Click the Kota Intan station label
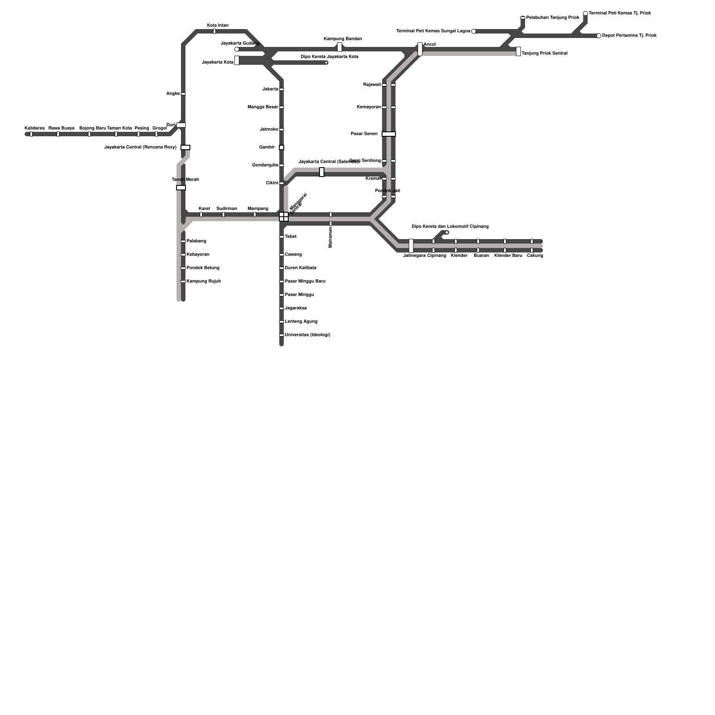[x=218, y=25]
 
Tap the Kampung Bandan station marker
[x=340, y=47]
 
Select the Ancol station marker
[x=420, y=49]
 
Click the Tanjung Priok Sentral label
[x=544, y=54]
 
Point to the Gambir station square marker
[x=282, y=147]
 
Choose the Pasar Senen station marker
[x=389, y=134]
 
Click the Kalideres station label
[x=34, y=128]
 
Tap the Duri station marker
[x=181, y=125]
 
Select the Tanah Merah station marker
[x=181, y=188]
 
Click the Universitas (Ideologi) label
[x=307, y=335]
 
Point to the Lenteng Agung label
[x=301, y=322]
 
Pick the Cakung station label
[x=535, y=256]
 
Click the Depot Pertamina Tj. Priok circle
[x=599, y=36]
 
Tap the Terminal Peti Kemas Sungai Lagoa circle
[x=474, y=31]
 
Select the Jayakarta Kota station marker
[x=237, y=60]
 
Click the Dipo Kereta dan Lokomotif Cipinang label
[x=450, y=227]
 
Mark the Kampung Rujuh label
[x=203, y=282]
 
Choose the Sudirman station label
[x=227, y=209]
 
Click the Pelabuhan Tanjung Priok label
[x=553, y=18]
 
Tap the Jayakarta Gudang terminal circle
[x=237, y=49]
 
